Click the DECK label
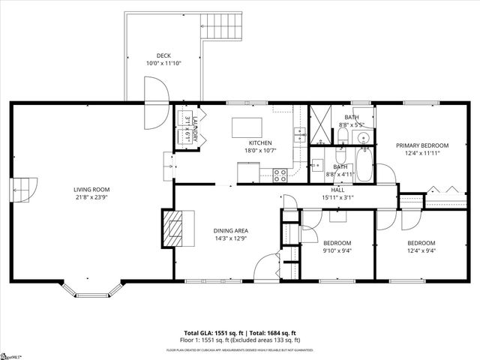point(163,55)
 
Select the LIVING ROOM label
point(91,189)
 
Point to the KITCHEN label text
point(260,142)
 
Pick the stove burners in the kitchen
point(280,175)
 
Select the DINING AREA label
point(230,230)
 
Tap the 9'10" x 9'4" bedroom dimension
point(337,251)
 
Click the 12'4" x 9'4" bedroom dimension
point(421,251)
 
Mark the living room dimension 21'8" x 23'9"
point(91,197)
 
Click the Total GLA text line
point(240,333)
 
